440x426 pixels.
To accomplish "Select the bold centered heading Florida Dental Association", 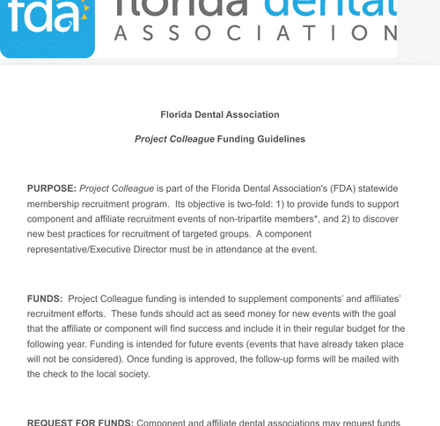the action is coord(220,115).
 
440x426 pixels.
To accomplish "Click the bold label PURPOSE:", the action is coord(52,188).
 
